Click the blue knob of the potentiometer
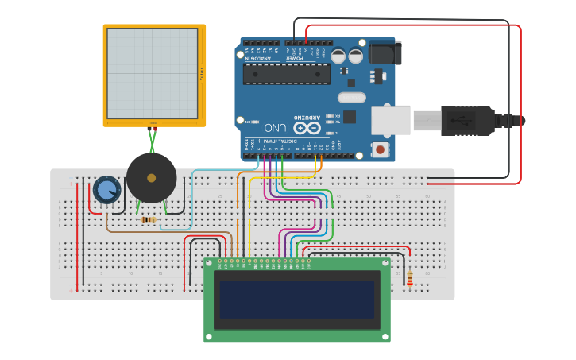[x=106, y=190]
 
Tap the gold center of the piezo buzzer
[x=151, y=178]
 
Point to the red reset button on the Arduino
[x=381, y=149]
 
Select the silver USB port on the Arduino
[x=390, y=120]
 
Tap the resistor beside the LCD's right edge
[x=410, y=278]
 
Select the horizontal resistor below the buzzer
[x=147, y=219]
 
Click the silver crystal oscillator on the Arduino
[x=351, y=98]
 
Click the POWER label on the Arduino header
[x=294, y=58]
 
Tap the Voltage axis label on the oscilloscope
[x=202, y=75]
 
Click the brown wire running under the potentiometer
[x=159, y=230]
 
